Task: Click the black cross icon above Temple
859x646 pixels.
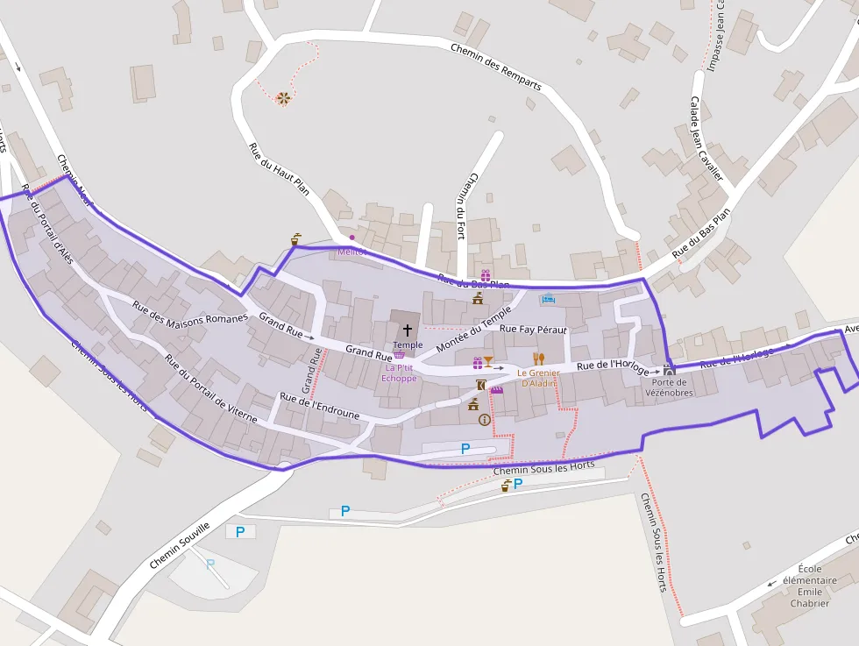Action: point(408,330)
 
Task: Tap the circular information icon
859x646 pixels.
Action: point(484,420)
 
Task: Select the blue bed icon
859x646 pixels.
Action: point(549,299)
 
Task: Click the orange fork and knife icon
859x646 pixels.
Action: point(539,358)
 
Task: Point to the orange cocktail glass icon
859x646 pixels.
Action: point(488,362)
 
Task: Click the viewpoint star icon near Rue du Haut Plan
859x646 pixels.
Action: point(283,98)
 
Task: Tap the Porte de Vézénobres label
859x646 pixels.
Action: point(669,387)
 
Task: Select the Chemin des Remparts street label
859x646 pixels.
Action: point(496,67)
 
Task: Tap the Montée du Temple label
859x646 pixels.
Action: point(473,330)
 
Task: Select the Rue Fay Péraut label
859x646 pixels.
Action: point(533,329)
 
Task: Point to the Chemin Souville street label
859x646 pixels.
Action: point(180,545)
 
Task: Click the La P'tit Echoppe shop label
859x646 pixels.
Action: point(399,373)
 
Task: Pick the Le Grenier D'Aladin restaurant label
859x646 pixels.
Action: point(538,378)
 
